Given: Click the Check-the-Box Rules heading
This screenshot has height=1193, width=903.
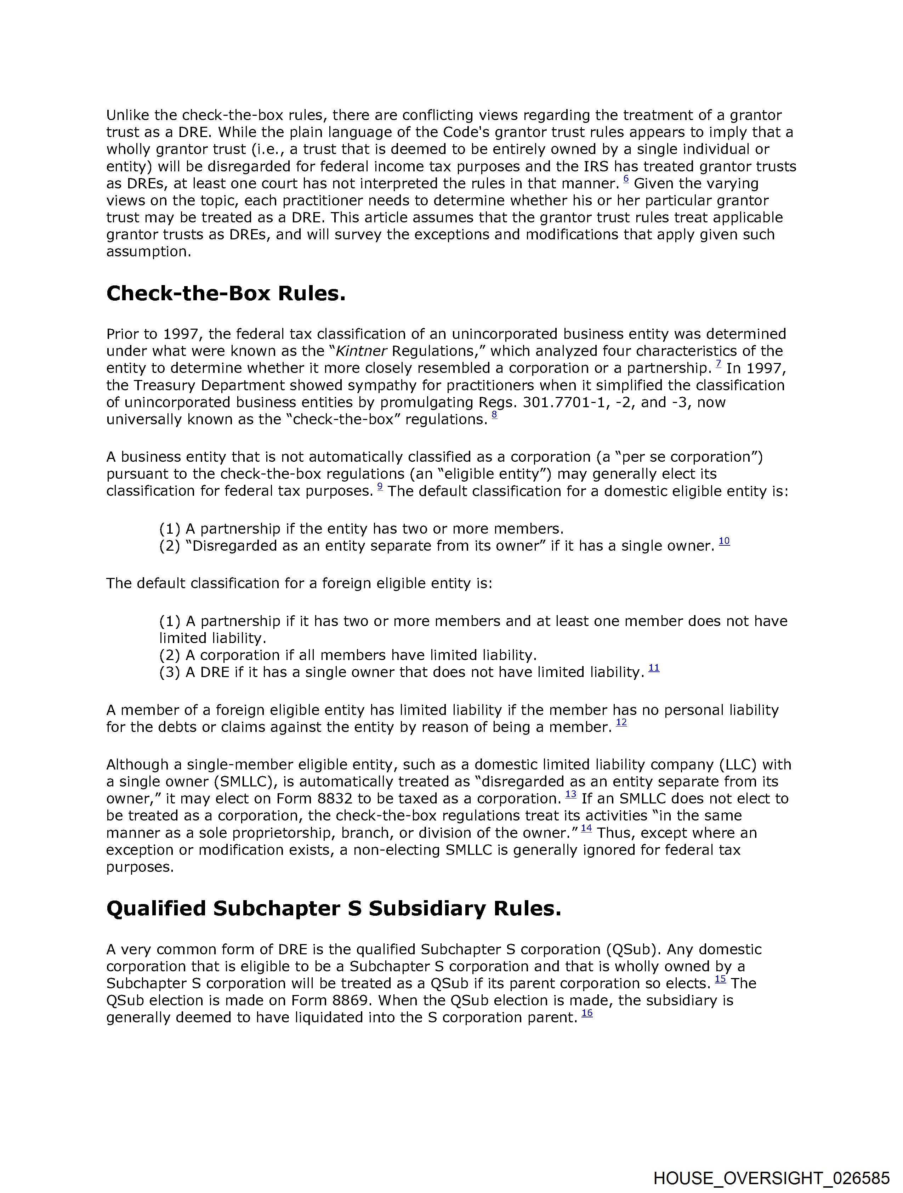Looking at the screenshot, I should tap(226, 294).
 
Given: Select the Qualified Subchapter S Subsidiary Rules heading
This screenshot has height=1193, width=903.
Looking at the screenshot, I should tap(333, 908).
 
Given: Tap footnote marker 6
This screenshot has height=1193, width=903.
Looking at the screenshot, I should tap(626, 180).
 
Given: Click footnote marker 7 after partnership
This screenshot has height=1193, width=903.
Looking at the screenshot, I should tap(719, 364).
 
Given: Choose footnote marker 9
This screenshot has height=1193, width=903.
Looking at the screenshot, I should tap(380, 487).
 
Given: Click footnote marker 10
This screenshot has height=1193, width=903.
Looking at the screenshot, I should tap(725, 541).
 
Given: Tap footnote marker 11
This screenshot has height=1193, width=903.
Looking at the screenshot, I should tap(654, 668).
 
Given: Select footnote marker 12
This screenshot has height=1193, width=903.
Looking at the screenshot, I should tap(621, 723).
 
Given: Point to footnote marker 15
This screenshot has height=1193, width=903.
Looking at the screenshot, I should tap(720, 979).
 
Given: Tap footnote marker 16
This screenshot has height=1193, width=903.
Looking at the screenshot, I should tap(587, 1013).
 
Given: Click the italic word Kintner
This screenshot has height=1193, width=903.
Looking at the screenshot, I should tap(361, 351).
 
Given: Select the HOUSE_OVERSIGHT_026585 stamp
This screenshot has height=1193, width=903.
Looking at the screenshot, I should tap(771, 1178).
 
